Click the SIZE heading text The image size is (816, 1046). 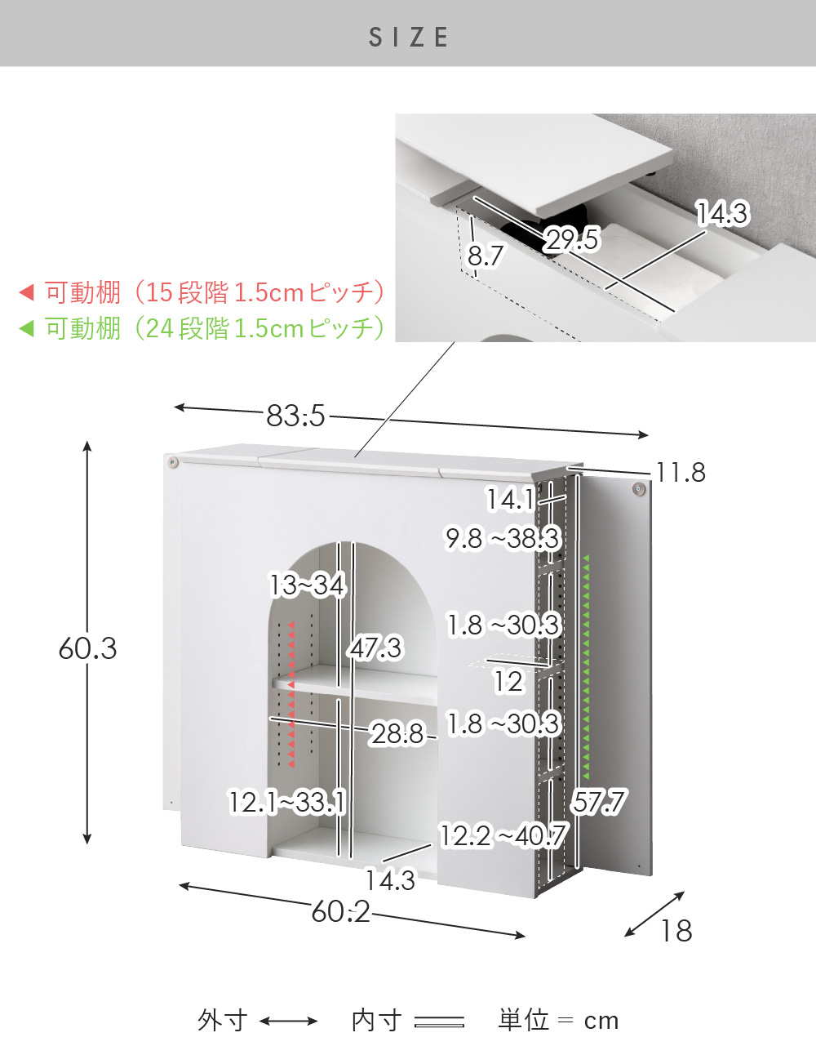(408, 37)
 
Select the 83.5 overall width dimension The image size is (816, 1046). (295, 416)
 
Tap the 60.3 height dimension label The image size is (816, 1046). (87, 648)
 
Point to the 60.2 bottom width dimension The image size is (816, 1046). (341, 912)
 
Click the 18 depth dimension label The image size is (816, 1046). (676, 931)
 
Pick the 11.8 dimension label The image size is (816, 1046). (681, 472)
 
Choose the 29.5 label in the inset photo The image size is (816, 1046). (572, 239)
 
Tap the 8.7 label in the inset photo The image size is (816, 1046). (486, 255)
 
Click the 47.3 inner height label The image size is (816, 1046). (375, 648)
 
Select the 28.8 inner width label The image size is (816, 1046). (397, 734)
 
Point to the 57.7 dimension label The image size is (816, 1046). (599, 802)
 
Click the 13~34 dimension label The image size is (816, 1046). (307, 585)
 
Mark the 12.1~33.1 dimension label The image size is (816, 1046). (286, 803)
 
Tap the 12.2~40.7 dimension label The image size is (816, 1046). (503, 835)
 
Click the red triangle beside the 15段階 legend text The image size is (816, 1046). (26, 292)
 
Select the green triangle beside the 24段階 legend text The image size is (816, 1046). (26, 328)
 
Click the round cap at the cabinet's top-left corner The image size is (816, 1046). (171, 463)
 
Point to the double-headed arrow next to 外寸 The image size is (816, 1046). (289, 1021)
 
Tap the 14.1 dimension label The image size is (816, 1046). (510, 499)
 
